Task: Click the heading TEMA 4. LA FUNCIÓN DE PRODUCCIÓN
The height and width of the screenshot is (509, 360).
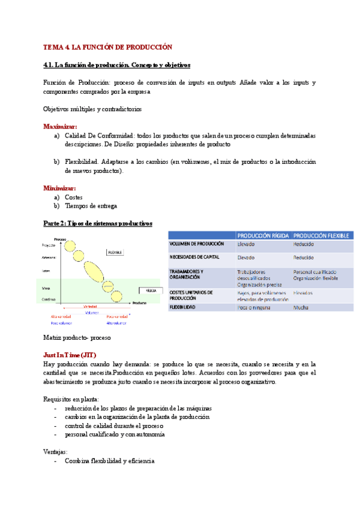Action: pyautogui.click(x=107, y=47)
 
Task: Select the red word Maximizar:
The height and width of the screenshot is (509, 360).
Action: pyautogui.click(x=60, y=127)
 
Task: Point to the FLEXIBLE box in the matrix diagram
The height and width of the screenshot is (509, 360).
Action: pyautogui.click(x=115, y=253)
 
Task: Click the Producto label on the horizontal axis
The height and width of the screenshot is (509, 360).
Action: pyautogui.click(x=139, y=303)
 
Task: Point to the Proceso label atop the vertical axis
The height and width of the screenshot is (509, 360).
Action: pyautogui.click(x=59, y=239)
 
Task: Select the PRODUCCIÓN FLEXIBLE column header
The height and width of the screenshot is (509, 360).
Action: pyautogui.click(x=321, y=236)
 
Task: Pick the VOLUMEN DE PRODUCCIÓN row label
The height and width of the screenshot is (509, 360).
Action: pyautogui.click(x=197, y=244)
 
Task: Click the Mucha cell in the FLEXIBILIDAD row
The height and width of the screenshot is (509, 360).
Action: pyautogui.click(x=301, y=307)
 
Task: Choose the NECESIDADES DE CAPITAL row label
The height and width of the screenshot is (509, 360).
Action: pyautogui.click(x=194, y=257)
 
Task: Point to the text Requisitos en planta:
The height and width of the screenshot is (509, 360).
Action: pyautogui.click(x=71, y=399)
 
